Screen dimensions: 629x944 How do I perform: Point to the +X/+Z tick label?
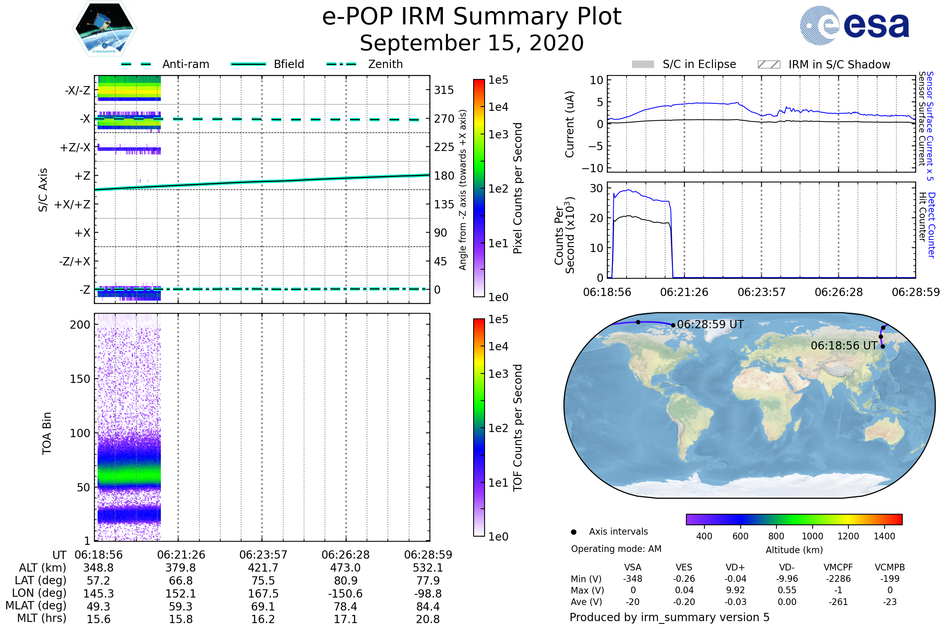(x=72, y=204)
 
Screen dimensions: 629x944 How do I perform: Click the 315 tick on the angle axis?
(x=444, y=90)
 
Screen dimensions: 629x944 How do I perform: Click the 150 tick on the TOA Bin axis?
(x=80, y=379)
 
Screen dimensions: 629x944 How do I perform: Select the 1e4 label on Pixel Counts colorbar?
(x=498, y=107)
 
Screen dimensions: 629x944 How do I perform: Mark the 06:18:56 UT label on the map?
(x=844, y=346)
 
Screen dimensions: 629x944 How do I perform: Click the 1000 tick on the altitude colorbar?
(x=812, y=536)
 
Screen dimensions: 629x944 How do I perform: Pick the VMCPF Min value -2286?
(x=838, y=579)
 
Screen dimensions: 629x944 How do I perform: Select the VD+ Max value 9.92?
(x=735, y=590)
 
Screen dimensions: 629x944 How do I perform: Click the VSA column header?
(x=632, y=568)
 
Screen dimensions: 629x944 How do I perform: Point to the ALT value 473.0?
(x=345, y=568)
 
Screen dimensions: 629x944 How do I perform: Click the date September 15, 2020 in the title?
(x=472, y=43)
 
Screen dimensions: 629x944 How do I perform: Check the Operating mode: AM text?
(x=616, y=549)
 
